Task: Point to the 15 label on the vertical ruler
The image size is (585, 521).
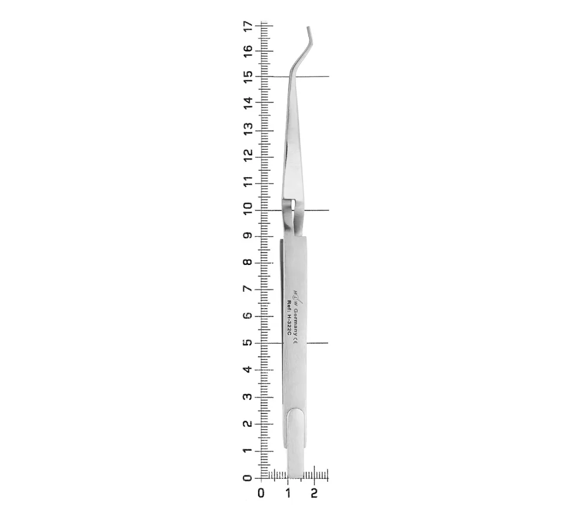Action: tap(247, 77)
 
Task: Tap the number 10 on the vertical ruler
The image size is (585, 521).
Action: tap(247, 209)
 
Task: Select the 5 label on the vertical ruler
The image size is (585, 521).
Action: tap(247, 342)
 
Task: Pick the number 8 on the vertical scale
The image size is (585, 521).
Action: tap(247, 262)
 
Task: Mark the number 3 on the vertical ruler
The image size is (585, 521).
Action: tap(247, 396)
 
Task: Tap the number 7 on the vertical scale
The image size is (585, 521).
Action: tap(247, 289)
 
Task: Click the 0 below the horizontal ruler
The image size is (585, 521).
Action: tap(261, 493)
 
